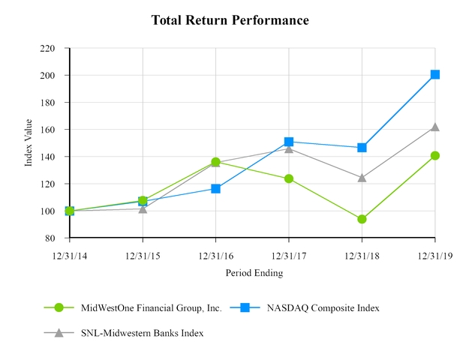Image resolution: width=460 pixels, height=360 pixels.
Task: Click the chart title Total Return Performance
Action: [x=230, y=19]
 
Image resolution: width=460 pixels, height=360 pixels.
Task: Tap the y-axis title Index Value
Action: [x=29, y=143]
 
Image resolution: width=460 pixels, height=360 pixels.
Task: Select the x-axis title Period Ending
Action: [x=254, y=273]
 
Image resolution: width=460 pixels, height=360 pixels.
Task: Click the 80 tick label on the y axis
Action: [x=50, y=238]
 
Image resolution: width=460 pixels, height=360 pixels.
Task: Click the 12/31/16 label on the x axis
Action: [x=216, y=256]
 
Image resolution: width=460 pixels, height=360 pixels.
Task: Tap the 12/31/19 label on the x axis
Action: [x=435, y=256]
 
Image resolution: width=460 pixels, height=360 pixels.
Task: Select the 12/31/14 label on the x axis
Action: [x=70, y=256]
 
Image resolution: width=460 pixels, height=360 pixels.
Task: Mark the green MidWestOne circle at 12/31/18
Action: [x=362, y=219]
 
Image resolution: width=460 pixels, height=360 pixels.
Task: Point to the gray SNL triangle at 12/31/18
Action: [x=362, y=178]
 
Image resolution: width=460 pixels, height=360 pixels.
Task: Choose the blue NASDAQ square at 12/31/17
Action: [x=289, y=142]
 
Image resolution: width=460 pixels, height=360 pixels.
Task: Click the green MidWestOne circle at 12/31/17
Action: [x=289, y=178]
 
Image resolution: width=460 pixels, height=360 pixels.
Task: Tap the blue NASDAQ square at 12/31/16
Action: [x=216, y=189]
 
